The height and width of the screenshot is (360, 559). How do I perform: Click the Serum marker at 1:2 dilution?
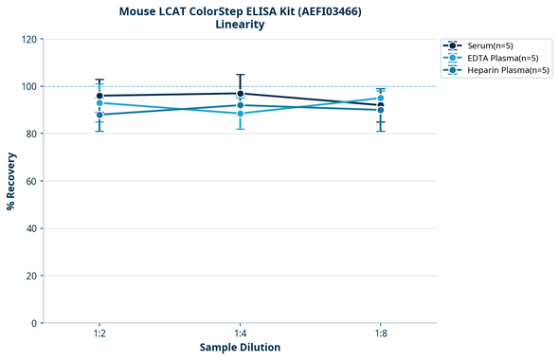point(99,96)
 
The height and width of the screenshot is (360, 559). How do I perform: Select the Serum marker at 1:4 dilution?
point(241,94)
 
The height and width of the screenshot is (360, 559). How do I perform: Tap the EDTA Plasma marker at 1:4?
point(241,114)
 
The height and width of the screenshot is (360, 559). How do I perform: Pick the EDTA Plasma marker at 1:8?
point(381,98)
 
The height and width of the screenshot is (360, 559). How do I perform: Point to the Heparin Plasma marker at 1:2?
point(99,115)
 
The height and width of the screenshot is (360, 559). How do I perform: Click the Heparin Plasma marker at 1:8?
point(381,110)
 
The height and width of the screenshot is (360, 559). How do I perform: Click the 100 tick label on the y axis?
point(29,86)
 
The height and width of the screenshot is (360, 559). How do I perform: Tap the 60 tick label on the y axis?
point(32,181)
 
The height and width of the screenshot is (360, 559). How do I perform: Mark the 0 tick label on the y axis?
point(35,323)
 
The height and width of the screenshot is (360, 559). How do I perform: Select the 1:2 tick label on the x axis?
point(99,333)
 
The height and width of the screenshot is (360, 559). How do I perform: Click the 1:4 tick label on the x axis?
point(241,333)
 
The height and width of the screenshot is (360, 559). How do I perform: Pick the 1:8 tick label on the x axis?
point(381,333)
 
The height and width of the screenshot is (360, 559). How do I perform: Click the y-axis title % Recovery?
point(11,181)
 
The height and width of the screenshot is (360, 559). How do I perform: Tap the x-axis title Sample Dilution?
point(240,348)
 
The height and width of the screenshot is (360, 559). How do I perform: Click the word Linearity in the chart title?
point(240,25)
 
